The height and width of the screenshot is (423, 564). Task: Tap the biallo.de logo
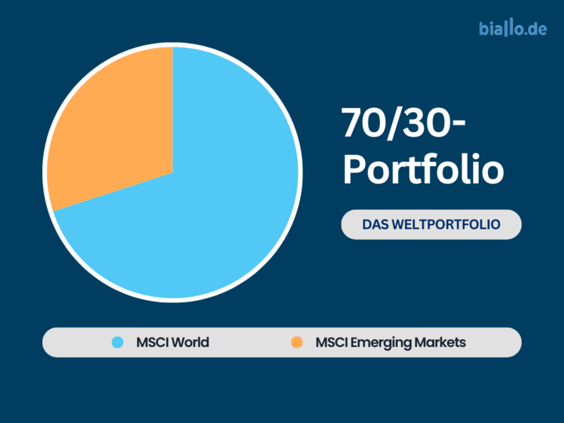pos(512,28)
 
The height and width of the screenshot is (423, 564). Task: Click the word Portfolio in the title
pos(423,169)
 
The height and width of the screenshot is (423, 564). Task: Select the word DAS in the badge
pos(375,225)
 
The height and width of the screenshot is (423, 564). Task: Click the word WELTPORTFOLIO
pos(446,225)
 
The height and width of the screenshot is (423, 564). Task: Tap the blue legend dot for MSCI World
pos(117,342)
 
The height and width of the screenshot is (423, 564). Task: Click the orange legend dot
pos(297,342)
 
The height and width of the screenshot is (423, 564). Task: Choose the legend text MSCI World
pos(172,342)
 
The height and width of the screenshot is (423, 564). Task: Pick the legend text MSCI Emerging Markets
pos(391,342)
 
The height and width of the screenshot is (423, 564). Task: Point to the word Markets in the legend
pos(440,342)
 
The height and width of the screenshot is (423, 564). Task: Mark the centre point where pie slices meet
pos(172,173)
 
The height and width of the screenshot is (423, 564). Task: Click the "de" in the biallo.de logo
pos(537,29)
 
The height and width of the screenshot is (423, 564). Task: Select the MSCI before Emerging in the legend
pos(331,342)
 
